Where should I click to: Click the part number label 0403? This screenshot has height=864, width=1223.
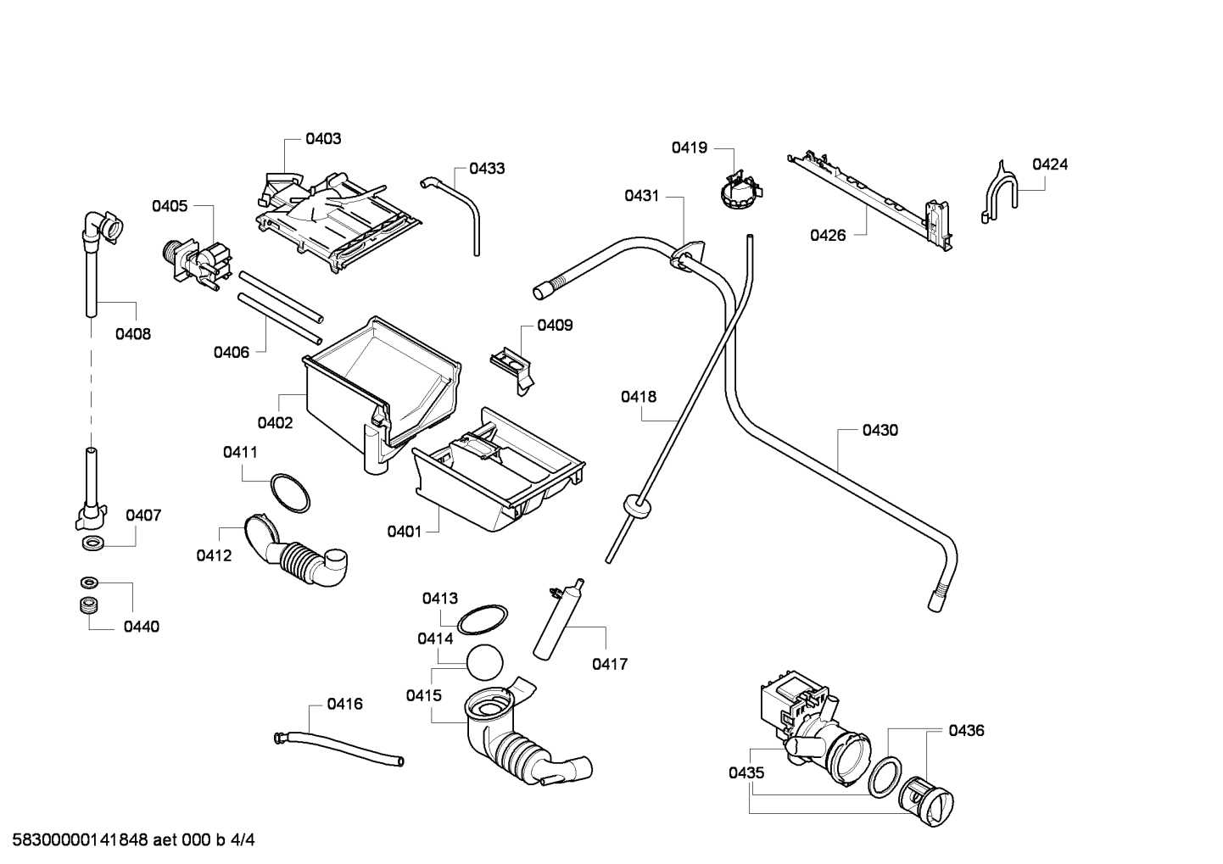tap(323, 139)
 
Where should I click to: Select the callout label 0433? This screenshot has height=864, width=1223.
tap(487, 169)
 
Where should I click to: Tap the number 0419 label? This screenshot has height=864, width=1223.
tap(689, 148)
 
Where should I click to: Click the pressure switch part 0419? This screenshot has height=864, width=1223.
tap(740, 189)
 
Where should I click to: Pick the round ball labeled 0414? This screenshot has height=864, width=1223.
tap(484, 662)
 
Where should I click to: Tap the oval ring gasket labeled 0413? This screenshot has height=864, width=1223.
tap(482, 620)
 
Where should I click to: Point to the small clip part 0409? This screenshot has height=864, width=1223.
tap(512, 370)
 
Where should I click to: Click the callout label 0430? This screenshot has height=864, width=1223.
tap(880, 431)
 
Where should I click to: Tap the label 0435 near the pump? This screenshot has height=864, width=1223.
tap(746, 772)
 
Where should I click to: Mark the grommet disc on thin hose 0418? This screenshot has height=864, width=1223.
tap(637, 506)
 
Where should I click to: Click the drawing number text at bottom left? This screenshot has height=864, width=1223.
tap(133, 840)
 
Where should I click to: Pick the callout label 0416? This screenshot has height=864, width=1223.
tap(344, 704)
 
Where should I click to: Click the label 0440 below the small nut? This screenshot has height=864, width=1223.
tap(142, 627)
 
